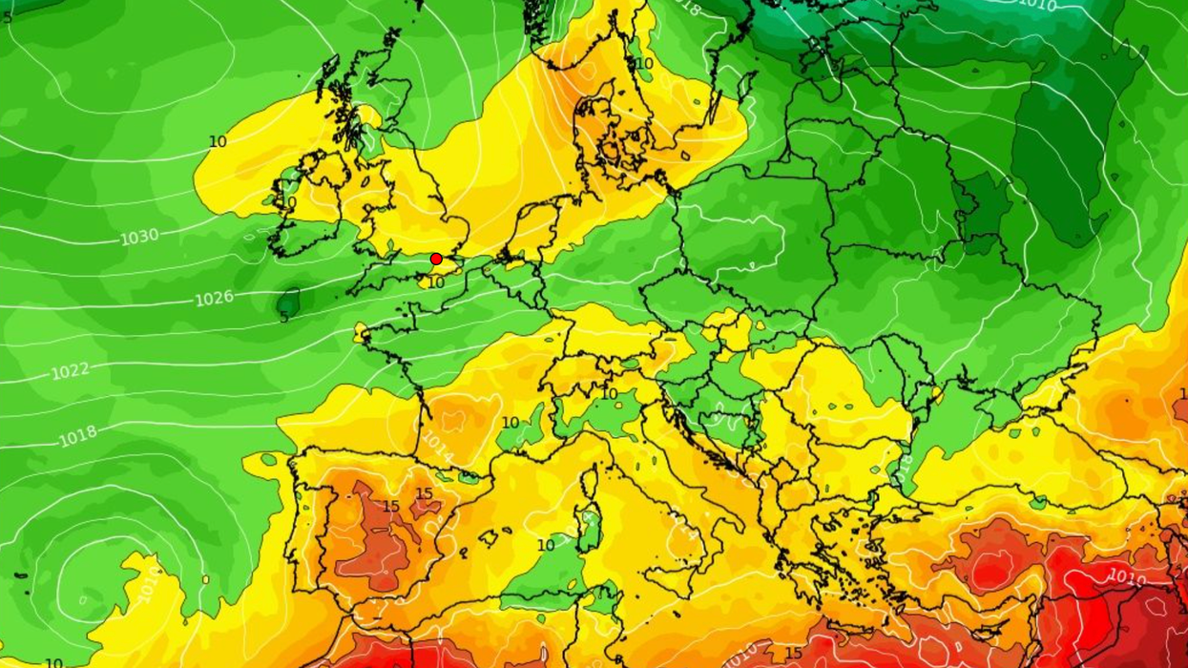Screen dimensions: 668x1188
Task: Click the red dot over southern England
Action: click(x=436, y=259)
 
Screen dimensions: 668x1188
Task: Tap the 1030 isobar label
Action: click(x=139, y=236)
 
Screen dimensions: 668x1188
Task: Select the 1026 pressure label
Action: click(x=215, y=299)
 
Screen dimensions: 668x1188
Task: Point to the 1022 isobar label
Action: click(x=71, y=370)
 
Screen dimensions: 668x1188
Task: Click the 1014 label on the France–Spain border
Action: click(x=437, y=446)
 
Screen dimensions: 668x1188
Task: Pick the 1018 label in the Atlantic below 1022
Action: click(x=78, y=436)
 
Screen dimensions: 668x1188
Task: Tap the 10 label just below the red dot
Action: click(x=436, y=282)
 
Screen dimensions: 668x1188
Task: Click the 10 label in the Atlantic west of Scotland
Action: click(x=218, y=142)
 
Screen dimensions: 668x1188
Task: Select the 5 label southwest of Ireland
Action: click(x=283, y=317)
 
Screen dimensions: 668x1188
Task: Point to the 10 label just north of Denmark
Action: click(x=644, y=64)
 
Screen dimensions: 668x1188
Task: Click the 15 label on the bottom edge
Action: click(x=793, y=653)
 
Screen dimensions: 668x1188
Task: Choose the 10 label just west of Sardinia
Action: click(x=546, y=545)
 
